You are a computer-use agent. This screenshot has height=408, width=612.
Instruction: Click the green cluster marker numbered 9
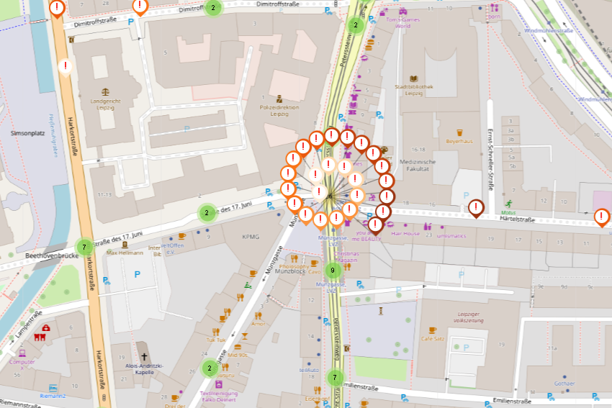[x=332, y=271]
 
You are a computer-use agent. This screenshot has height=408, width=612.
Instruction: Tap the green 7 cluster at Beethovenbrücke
[x=84, y=247]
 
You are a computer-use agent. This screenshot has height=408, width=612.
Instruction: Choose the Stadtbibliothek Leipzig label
[x=414, y=90]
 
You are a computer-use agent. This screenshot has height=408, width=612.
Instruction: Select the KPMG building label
[x=251, y=237]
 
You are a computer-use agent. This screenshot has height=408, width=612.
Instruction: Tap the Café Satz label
[x=432, y=338]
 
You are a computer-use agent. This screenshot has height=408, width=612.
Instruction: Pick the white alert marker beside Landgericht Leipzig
[x=66, y=66]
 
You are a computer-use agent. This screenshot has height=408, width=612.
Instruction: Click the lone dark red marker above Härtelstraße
[x=476, y=207]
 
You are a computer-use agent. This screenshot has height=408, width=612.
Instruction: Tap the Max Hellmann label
[x=125, y=253]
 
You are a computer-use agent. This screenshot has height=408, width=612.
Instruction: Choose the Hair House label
[x=405, y=234]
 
